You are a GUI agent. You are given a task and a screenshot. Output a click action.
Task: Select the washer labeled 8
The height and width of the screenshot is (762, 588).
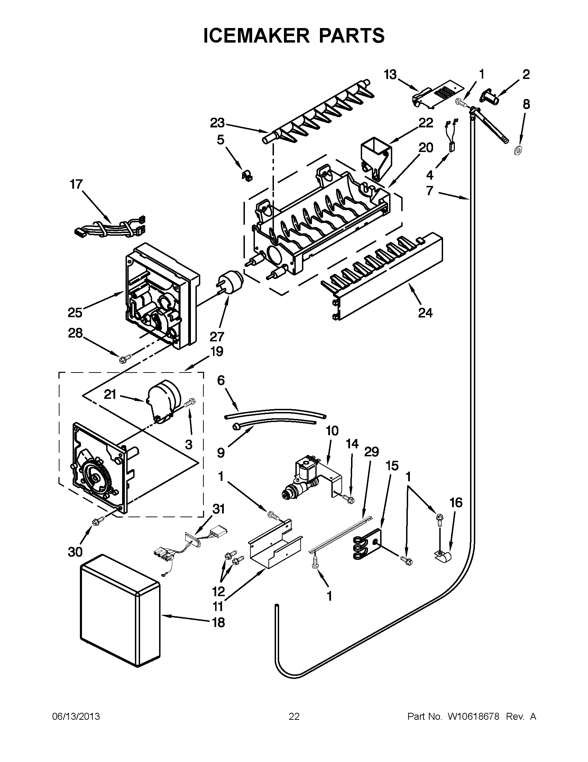517,151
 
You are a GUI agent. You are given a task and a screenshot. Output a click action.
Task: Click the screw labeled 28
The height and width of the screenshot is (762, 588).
125,358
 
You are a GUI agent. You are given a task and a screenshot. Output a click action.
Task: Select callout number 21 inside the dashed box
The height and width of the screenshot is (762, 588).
110,395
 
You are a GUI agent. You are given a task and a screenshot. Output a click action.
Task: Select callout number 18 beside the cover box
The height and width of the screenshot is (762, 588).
219,622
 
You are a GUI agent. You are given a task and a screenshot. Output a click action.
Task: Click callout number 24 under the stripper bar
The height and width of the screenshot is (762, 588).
425,313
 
